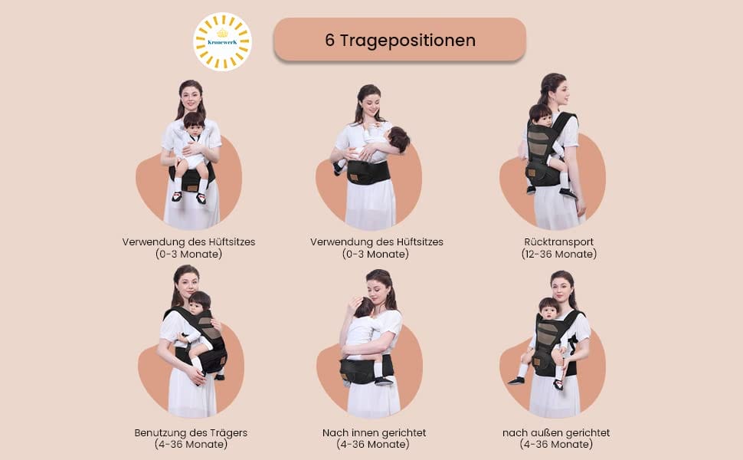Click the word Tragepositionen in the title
pyautogui.click(x=408, y=41)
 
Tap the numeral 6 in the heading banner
pyautogui.click(x=330, y=41)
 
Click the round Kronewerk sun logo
pyautogui.click(x=222, y=41)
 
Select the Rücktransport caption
pyautogui.click(x=558, y=242)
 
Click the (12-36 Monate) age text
pyautogui.click(x=558, y=255)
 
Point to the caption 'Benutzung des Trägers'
pyautogui.click(x=191, y=432)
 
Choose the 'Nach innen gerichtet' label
pyautogui.click(x=374, y=432)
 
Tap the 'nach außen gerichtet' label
pyautogui.click(x=556, y=432)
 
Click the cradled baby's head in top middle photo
pyautogui.click(x=398, y=139)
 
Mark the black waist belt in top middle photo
pyautogui.click(x=368, y=172)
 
